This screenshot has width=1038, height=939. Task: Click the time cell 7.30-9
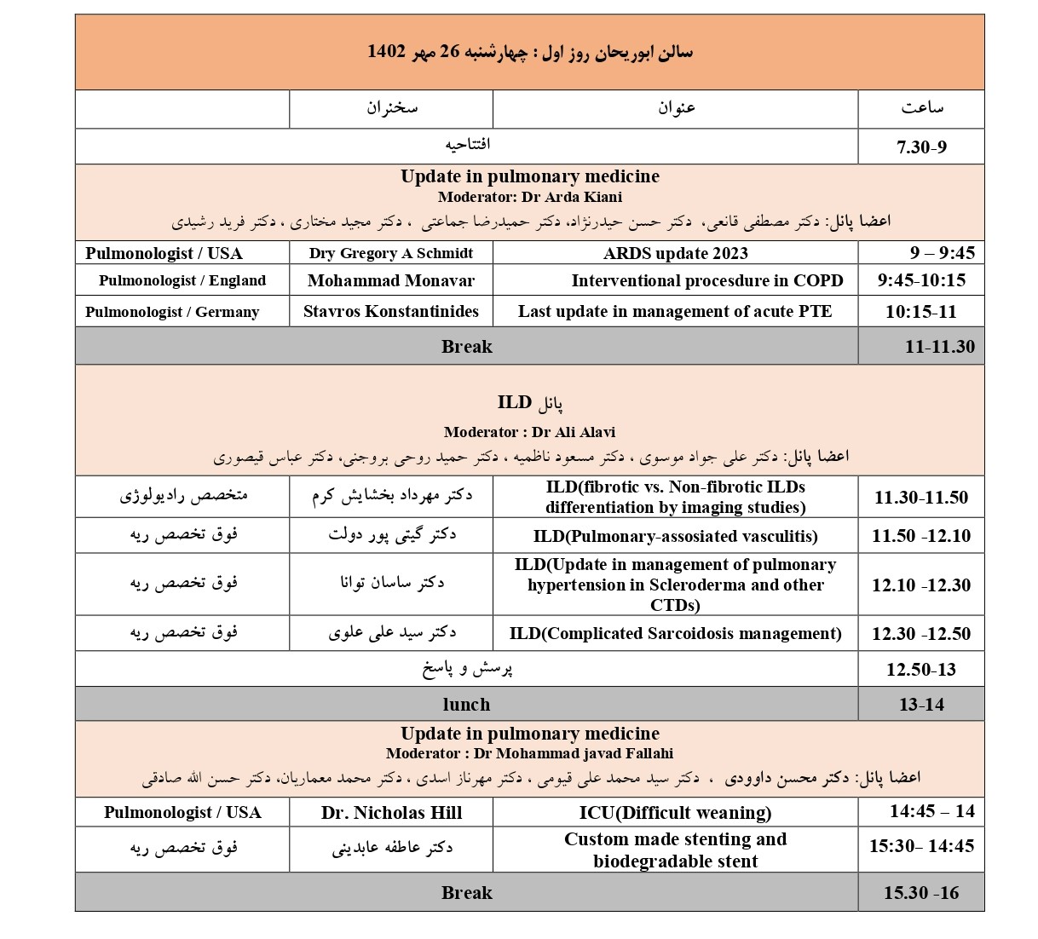pyautogui.click(x=920, y=147)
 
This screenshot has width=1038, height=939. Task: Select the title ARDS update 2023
pyautogui.click(x=675, y=253)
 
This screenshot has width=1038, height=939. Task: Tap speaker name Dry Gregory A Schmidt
pyautogui.click(x=391, y=253)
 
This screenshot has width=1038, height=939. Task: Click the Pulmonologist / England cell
pyautogui.click(x=182, y=280)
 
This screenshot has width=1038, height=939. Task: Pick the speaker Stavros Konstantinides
pyautogui.click(x=391, y=311)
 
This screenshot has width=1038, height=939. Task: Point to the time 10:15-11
pyautogui.click(x=920, y=311)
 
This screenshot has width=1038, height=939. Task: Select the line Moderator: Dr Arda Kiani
pyautogui.click(x=529, y=197)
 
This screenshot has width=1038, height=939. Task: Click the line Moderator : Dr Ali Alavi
pyautogui.click(x=529, y=432)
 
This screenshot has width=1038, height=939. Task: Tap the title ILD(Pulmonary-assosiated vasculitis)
pyautogui.click(x=675, y=536)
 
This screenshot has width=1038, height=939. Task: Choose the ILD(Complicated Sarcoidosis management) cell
pyautogui.click(x=675, y=633)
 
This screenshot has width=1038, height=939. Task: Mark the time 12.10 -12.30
pyautogui.click(x=920, y=585)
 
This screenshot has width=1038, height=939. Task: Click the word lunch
pyautogui.click(x=466, y=705)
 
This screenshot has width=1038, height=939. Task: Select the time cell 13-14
pyautogui.click(x=920, y=705)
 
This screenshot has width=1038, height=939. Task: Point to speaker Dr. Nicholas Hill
pyautogui.click(x=391, y=813)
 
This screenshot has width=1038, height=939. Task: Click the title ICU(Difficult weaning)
pyautogui.click(x=675, y=813)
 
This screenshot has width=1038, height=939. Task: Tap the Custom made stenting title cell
pyautogui.click(x=675, y=850)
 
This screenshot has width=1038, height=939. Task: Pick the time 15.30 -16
pyautogui.click(x=920, y=893)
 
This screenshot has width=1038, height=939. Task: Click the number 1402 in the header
pyautogui.click(x=386, y=52)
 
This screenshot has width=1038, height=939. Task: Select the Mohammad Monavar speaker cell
pyautogui.click(x=391, y=280)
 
